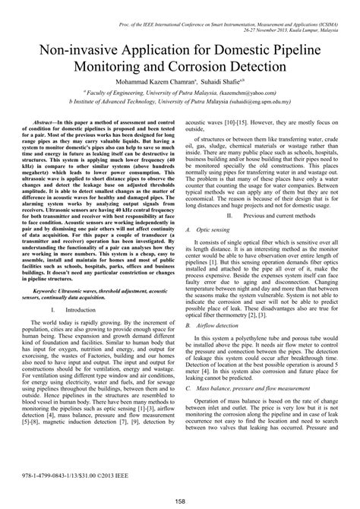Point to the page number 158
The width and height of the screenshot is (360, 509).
pyautogui.click(x=180, y=500)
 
